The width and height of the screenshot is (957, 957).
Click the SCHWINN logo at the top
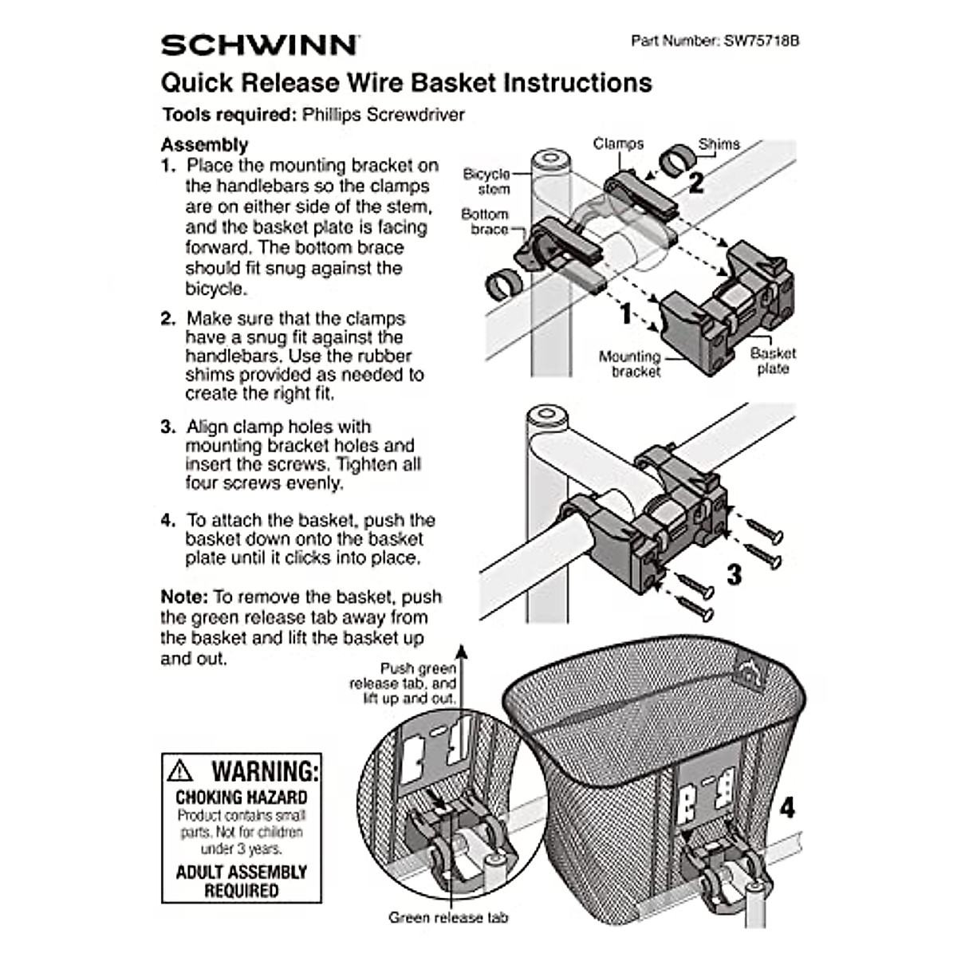click(x=259, y=45)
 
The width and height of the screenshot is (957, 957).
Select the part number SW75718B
click(x=761, y=41)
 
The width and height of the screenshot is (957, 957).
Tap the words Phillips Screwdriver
click(x=383, y=115)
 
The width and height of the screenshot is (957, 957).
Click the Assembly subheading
click(x=204, y=145)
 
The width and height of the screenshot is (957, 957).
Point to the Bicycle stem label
click(x=486, y=182)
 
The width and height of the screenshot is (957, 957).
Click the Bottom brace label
click(x=484, y=222)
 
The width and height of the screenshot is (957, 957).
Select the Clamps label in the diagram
click(x=618, y=144)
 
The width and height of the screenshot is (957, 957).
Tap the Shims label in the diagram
click(x=719, y=144)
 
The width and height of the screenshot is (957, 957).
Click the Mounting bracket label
click(x=630, y=364)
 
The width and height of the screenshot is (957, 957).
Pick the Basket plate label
click(x=772, y=360)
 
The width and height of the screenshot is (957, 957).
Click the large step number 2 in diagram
click(x=695, y=182)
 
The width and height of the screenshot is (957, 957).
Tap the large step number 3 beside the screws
click(x=734, y=573)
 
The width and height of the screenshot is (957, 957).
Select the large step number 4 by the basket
click(x=786, y=807)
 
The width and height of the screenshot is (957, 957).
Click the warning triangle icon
click(x=181, y=770)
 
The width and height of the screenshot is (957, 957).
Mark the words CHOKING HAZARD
click(x=241, y=797)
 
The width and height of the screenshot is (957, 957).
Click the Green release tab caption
click(x=447, y=917)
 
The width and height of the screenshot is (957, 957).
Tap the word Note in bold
click(x=183, y=597)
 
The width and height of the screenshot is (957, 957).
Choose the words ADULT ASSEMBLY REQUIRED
click(x=241, y=881)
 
